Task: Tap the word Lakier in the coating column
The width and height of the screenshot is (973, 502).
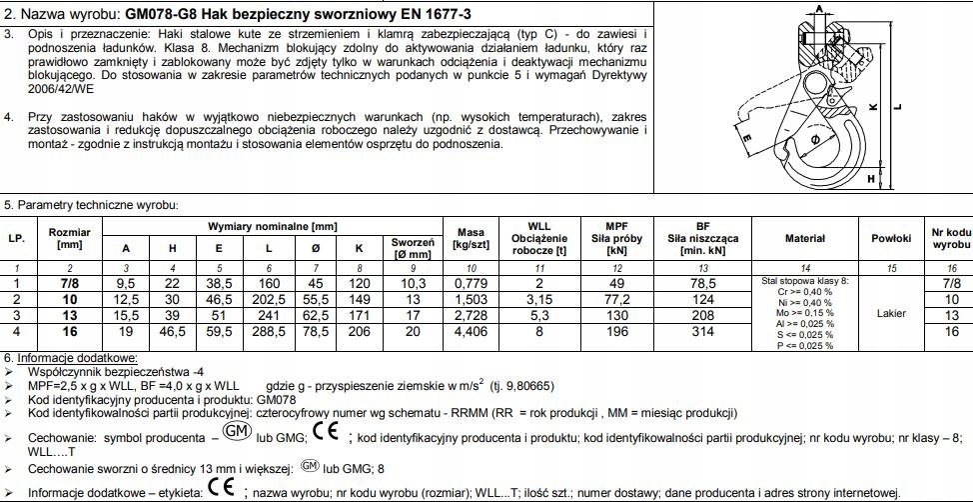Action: pyautogui.click(x=890, y=312)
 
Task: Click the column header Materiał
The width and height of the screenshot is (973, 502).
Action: pyautogui.click(x=805, y=238)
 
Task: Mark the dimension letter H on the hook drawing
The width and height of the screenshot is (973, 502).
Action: pyautogui.click(x=872, y=178)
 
